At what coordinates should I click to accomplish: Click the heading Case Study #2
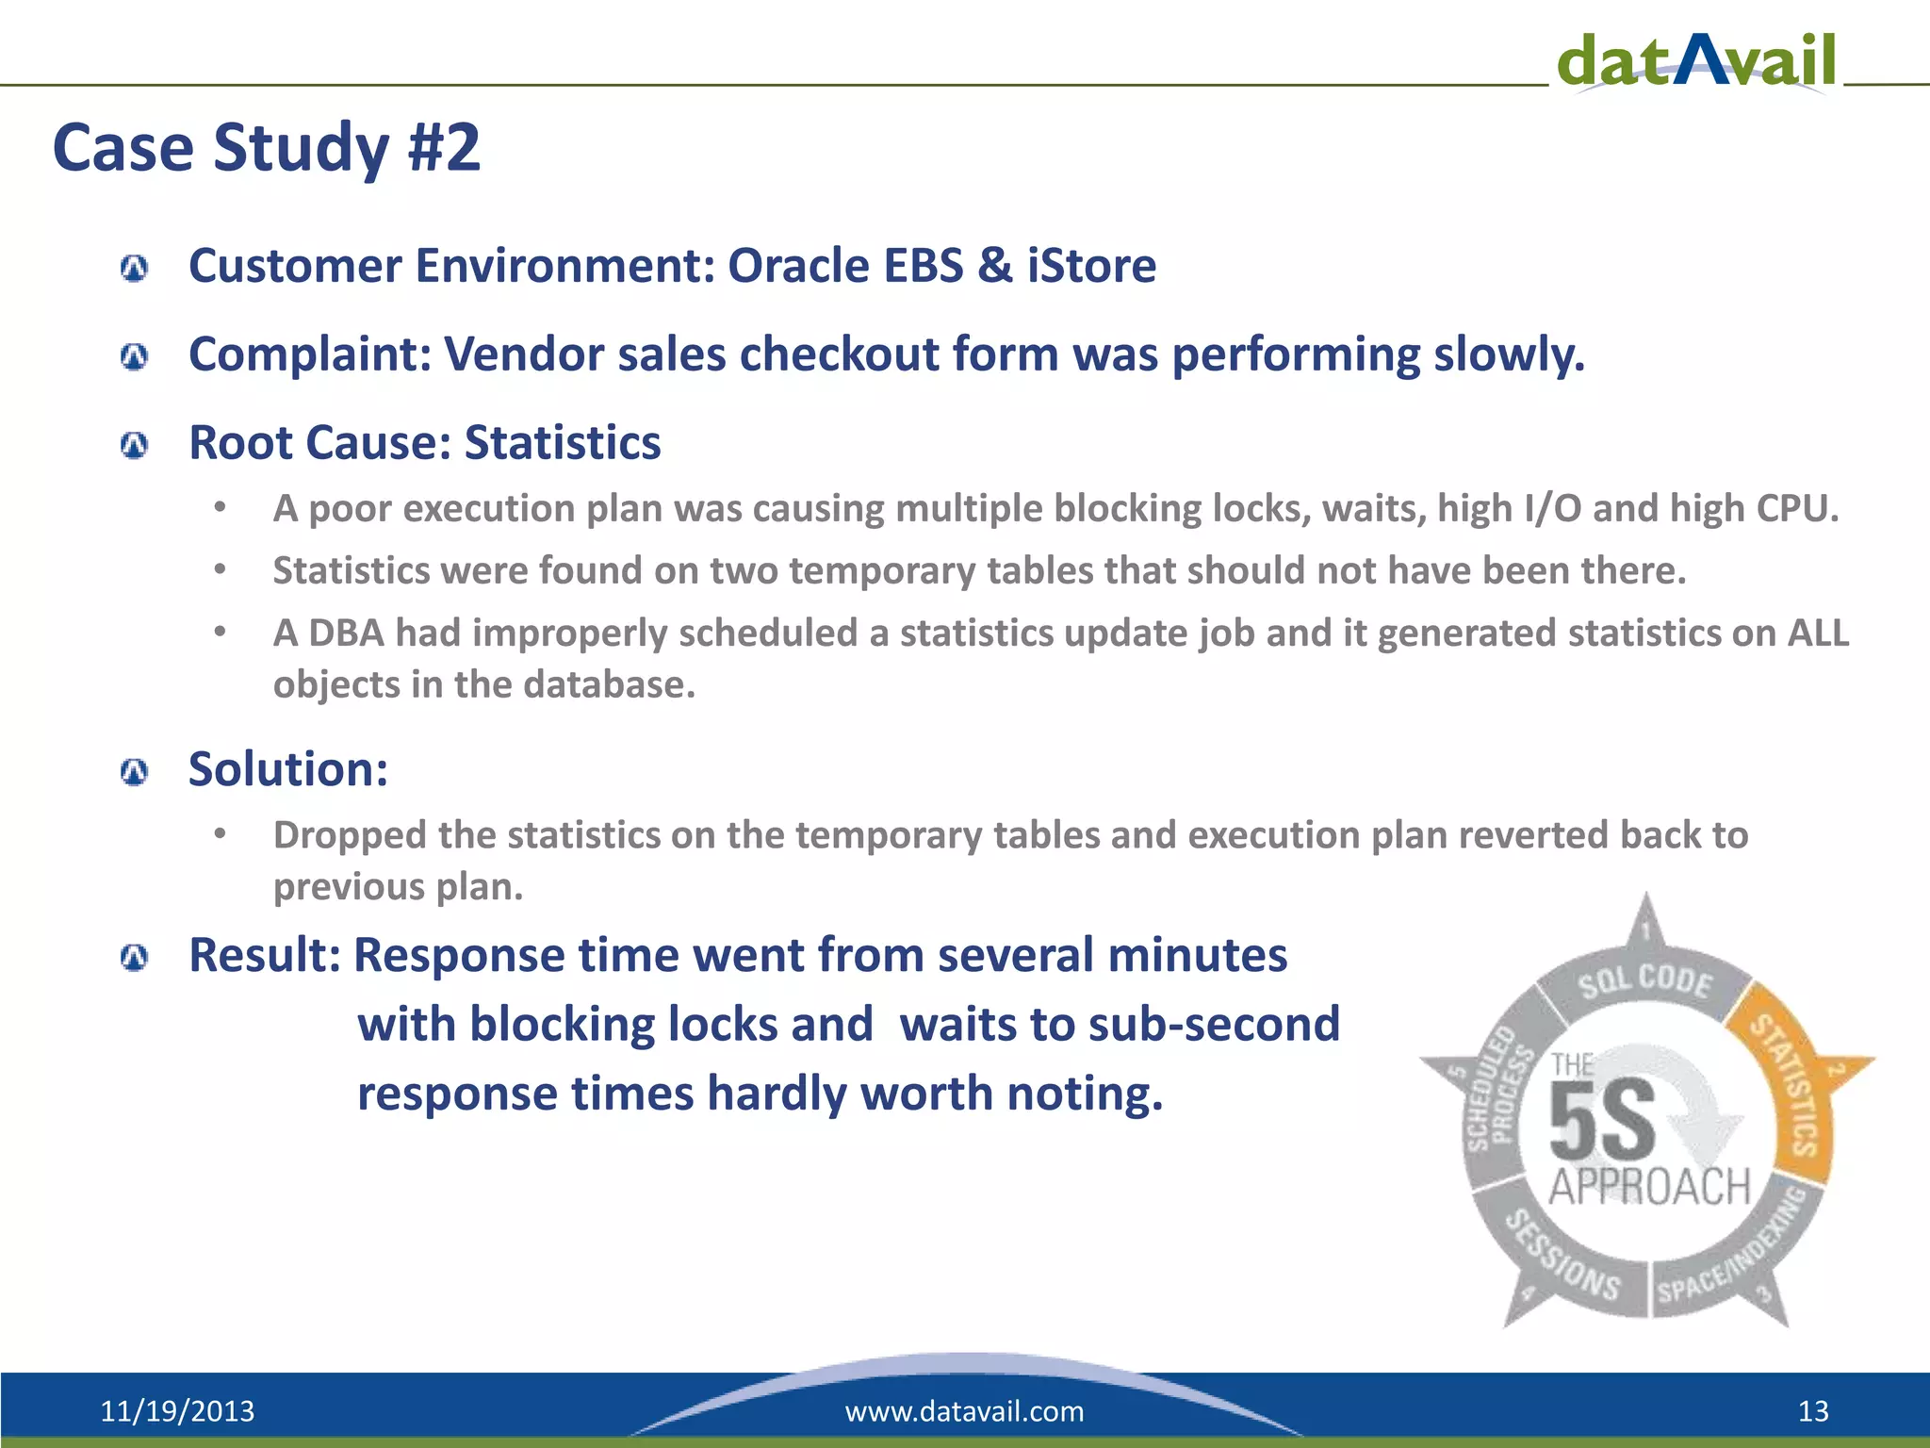point(267,148)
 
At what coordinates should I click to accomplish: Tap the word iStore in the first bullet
point(1091,266)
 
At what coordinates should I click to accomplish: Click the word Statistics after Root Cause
point(563,443)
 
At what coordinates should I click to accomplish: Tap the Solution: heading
point(288,769)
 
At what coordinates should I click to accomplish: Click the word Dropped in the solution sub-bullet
point(349,835)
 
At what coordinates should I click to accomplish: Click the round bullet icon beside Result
point(135,959)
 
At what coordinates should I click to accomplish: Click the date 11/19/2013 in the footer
point(177,1411)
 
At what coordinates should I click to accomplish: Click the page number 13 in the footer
point(1813,1411)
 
